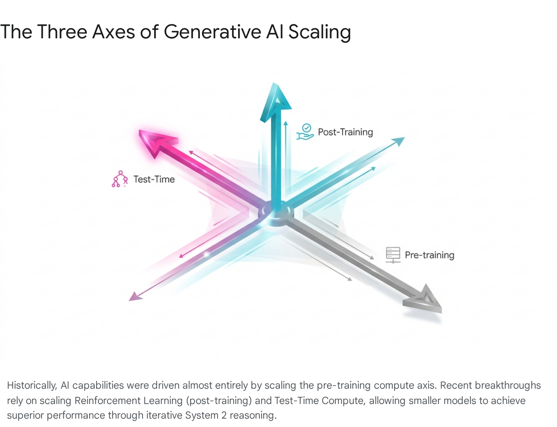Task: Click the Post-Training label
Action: (345, 132)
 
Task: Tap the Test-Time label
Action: (154, 179)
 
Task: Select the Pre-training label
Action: (430, 255)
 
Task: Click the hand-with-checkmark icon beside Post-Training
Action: (305, 132)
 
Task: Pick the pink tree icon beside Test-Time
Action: (120, 179)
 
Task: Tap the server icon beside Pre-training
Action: (393, 255)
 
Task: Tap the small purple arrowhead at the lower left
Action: (135, 297)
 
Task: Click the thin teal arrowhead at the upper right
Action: (399, 141)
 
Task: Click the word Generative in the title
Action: (212, 32)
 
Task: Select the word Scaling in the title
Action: (319, 33)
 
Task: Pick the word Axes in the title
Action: (113, 32)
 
